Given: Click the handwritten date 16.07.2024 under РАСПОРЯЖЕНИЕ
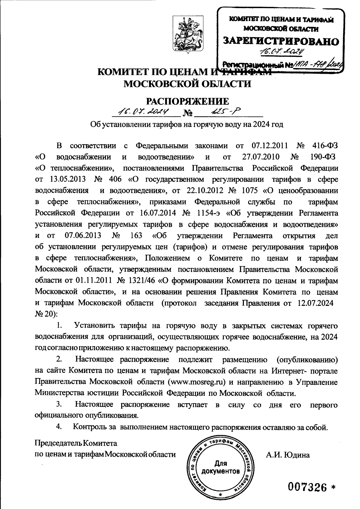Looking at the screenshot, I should coord(143,112).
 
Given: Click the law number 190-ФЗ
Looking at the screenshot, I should coord(321,157).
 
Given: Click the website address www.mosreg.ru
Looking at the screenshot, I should coord(196,382).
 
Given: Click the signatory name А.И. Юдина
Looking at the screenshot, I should coord(287,455).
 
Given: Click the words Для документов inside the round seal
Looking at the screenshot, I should coord(220,467).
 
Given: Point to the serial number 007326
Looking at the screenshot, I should coord(307,488).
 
